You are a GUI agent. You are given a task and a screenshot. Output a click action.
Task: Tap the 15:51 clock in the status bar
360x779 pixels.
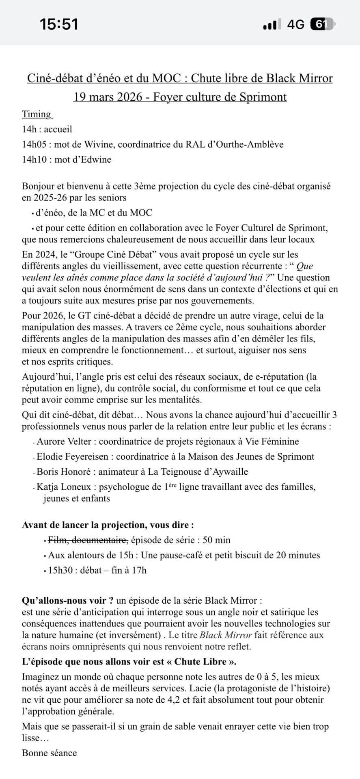pos(59,24)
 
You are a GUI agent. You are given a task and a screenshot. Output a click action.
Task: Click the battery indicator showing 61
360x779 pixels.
pos(321,24)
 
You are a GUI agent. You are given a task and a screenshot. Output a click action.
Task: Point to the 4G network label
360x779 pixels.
pos(295,24)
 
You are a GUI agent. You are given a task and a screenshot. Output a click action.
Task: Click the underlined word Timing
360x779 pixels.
pos(37,114)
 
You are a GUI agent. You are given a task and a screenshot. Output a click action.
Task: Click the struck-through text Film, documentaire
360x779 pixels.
pos(88,540)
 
